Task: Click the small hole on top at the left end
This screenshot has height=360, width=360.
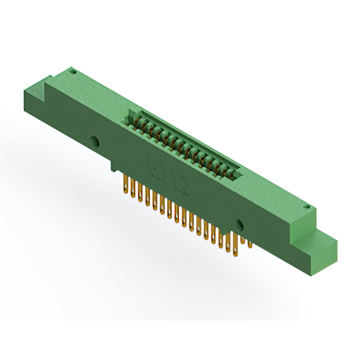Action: click(73, 71)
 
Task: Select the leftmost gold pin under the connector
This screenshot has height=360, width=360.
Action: click(125, 185)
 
